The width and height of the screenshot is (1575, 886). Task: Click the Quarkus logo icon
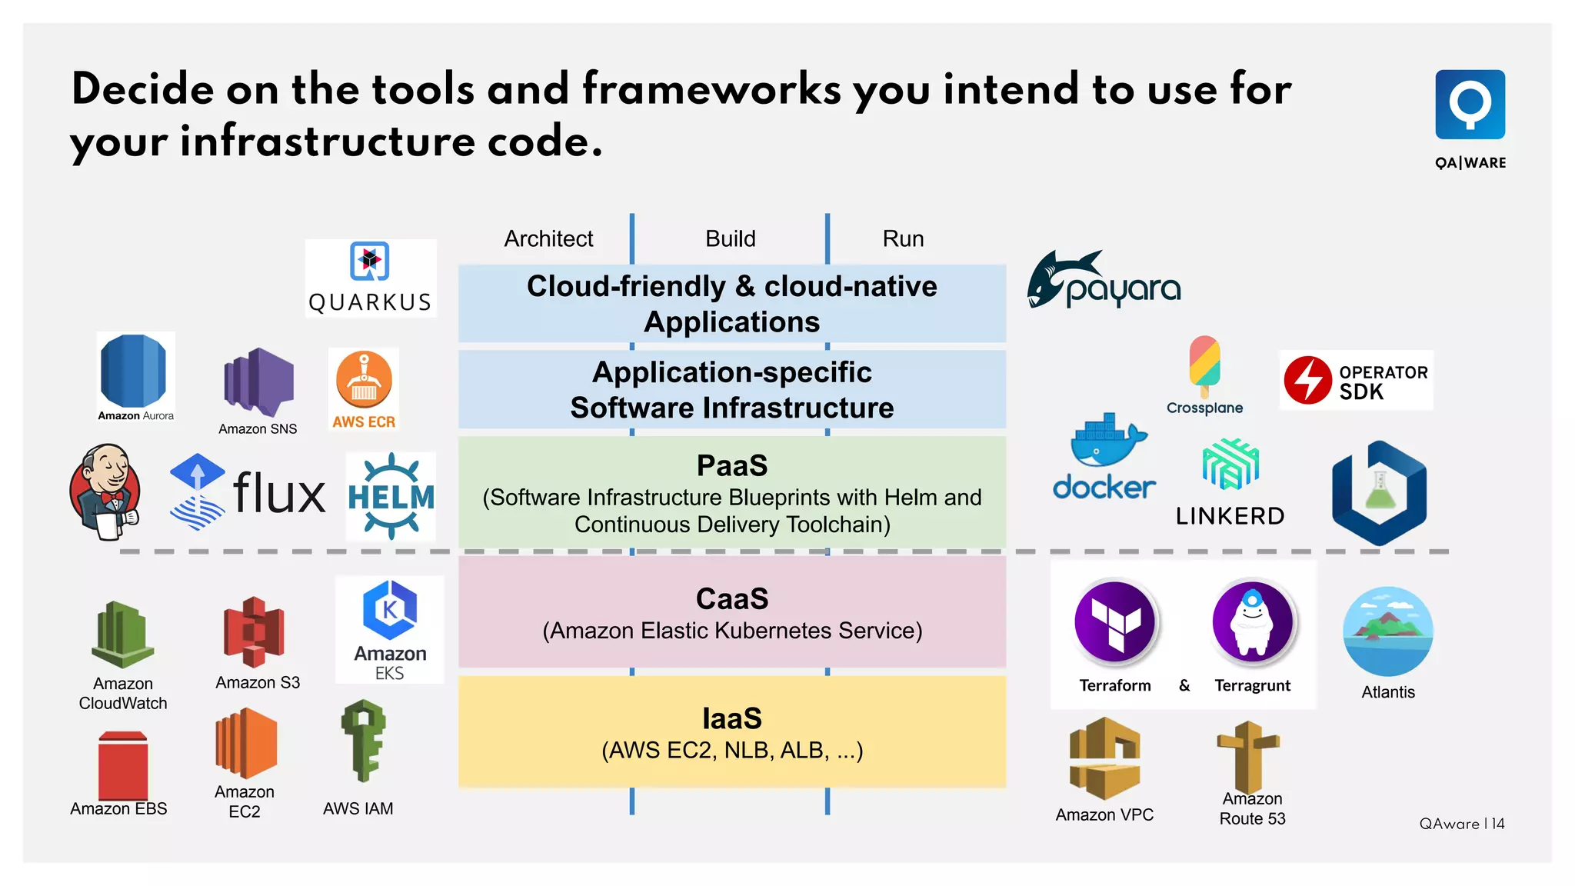pyautogui.click(x=370, y=261)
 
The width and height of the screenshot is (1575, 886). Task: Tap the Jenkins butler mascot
pyautogui.click(x=105, y=491)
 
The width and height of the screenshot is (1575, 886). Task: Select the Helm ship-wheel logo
pyautogui.click(x=391, y=496)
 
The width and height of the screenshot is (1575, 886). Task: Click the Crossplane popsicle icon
pyautogui.click(x=1204, y=365)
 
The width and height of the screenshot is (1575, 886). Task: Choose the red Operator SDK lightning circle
pyautogui.click(x=1307, y=380)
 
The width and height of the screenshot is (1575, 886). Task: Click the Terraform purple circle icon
pyautogui.click(x=1115, y=622)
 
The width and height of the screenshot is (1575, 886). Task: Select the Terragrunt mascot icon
pyautogui.click(x=1253, y=622)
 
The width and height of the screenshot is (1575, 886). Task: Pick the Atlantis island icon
pyautogui.click(x=1388, y=631)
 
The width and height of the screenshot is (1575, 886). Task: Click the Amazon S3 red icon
pyautogui.click(x=255, y=631)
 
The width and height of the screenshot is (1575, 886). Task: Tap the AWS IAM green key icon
pyautogui.click(x=364, y=740)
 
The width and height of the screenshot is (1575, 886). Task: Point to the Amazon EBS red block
pyautogui.click(x=123, y=766)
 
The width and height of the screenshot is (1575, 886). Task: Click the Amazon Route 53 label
pyautogui.click(x=1252, y=808)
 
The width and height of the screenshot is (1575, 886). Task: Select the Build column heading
pyautogui.click(x=731, y=238)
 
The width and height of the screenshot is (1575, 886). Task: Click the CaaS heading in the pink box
pyautogui.click(x=732, y=598)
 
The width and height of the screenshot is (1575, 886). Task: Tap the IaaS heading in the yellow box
pyautogui.click(x=732, y=718)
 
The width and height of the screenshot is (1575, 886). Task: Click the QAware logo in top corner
pyautogui.click(x=1470, y=105)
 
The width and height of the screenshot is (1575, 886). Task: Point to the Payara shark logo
pyautogui.click(x=1104, y=281)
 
